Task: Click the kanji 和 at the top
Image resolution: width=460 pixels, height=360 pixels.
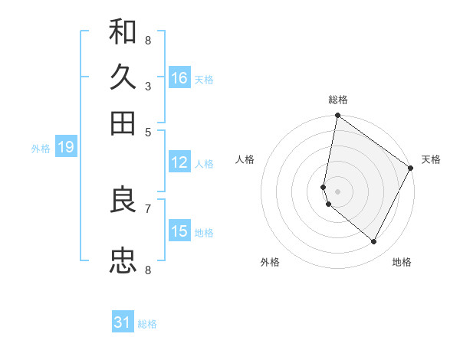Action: (123, 32)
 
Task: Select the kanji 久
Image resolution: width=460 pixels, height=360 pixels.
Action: (123, 77)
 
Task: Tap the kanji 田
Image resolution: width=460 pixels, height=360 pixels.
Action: (123, 123)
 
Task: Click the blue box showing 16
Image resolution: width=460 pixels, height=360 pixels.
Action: (179, 78)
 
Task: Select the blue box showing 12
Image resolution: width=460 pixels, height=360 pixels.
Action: (179, 162)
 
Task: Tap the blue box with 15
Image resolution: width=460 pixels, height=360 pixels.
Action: (179, 231)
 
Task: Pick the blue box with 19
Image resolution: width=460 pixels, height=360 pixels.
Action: (66, 148)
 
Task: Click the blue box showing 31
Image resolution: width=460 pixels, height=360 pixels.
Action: (123, 322)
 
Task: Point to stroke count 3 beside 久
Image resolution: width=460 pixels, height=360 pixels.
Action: (148, 86)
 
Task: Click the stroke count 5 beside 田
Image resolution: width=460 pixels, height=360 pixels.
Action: (148, 131)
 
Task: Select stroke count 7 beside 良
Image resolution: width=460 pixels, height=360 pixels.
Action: (148, 208)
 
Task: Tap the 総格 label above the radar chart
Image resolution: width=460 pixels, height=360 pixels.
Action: (338, 100)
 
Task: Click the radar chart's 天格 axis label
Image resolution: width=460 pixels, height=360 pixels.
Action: (431, 159)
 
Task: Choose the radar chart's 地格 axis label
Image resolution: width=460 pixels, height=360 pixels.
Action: (402, 262)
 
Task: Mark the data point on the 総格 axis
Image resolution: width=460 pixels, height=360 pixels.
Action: (337, 116)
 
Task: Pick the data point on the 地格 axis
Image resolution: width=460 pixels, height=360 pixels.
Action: (374, 242)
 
